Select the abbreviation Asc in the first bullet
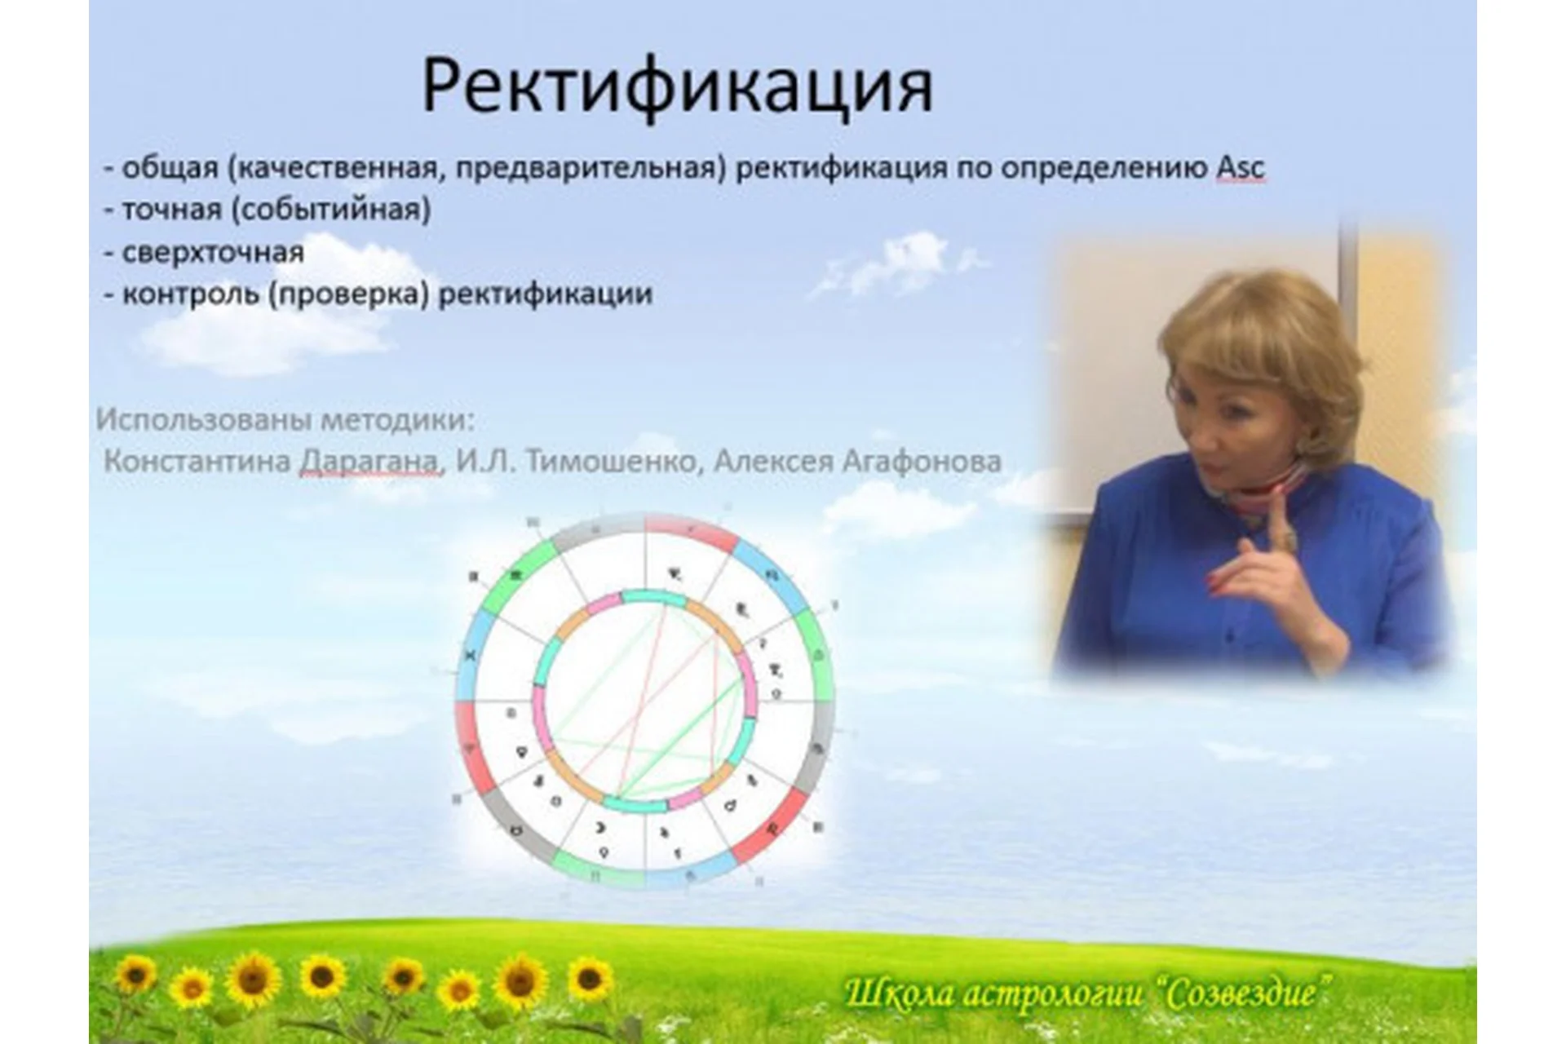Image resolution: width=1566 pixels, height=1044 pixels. coord(1240,168)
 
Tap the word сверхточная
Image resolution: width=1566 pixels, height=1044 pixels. coord(213,252)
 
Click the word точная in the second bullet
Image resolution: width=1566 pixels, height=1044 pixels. coord(171,210)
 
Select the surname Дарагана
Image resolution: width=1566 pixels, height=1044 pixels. coord(368,462)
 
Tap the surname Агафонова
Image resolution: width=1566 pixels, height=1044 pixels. coord(921,462)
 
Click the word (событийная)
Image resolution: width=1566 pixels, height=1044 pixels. coord(330,210)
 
